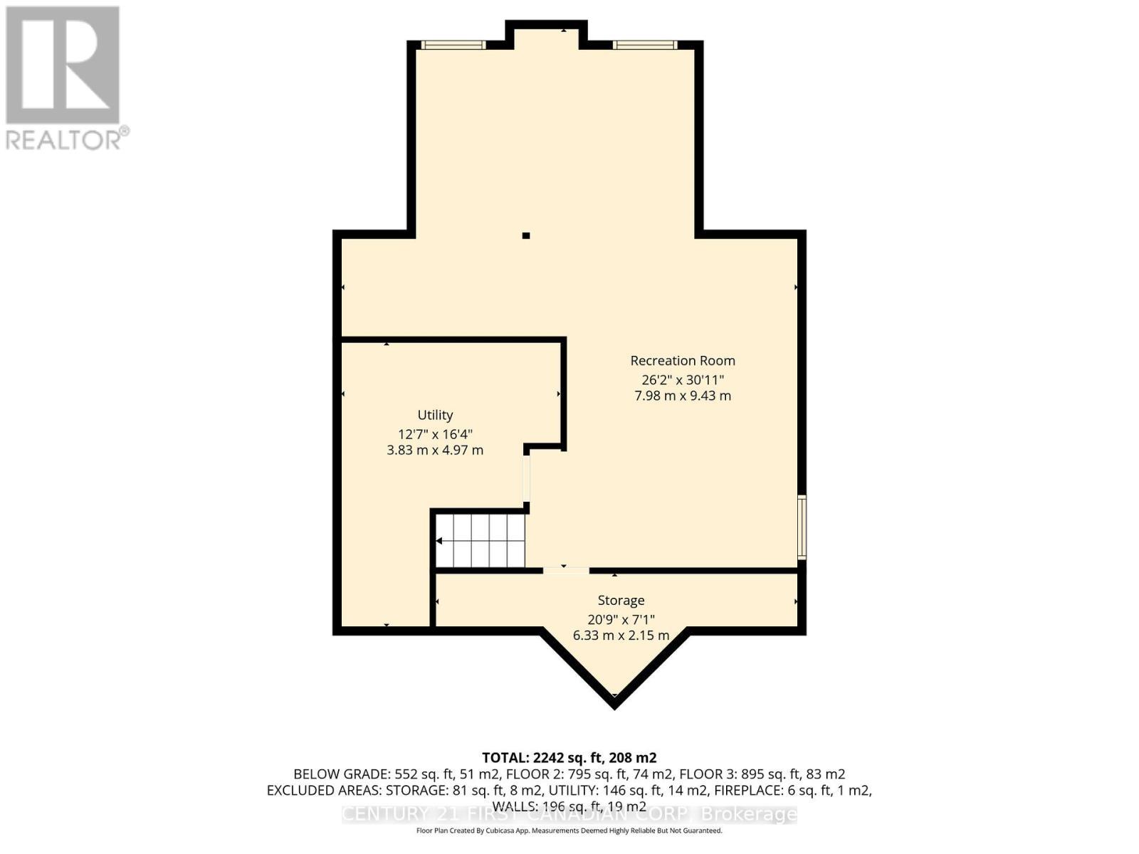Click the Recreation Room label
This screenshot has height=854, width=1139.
pos(682,361)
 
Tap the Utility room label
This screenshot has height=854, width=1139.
pos(435,415)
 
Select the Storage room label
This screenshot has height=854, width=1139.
pos(621,601)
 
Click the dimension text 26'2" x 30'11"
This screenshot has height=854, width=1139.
pos(682,380)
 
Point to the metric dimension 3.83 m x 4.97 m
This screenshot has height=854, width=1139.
pos(435,450)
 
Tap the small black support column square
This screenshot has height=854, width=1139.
pos(526,236)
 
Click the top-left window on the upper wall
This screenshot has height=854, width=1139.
pos(453,45)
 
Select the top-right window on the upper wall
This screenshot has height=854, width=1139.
pos(645,45)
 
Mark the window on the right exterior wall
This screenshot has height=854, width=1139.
pos(802,527)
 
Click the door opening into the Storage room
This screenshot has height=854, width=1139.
pos(566,570)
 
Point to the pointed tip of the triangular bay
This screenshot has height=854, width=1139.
pos(614,705)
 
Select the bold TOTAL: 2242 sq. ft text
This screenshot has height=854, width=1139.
pos(569,757)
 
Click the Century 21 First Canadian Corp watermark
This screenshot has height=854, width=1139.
pos(569,814)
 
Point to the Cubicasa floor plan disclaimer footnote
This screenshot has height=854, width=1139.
pos(569,831)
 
